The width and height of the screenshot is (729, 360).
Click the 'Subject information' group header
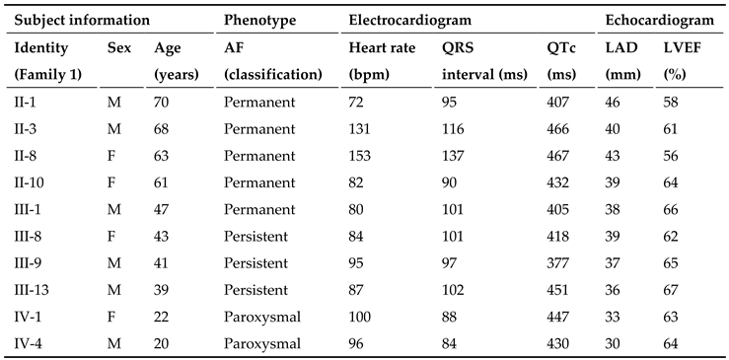(x=82, y=20)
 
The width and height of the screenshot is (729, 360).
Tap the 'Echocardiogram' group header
(x=659, y=20)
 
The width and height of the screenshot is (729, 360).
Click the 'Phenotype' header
(x=258, y=20)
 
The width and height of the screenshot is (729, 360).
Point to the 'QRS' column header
(x=458, y=47)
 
